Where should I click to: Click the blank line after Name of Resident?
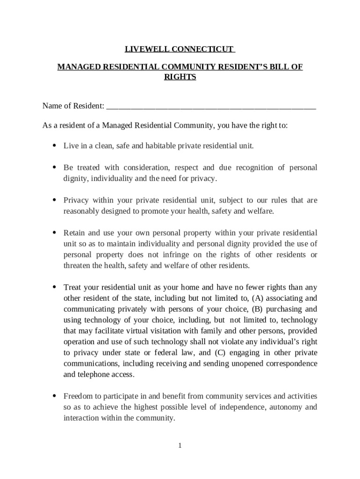(x=211, y=106)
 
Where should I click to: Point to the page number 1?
(x=180, y=445)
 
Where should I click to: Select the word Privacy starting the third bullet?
(x=76, y=200)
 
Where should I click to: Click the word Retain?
(x=75, y=233)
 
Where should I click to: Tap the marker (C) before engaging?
(x=221, y=353)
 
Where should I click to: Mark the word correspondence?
(x=288, y=363)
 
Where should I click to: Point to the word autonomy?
(x=285, y=407)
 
